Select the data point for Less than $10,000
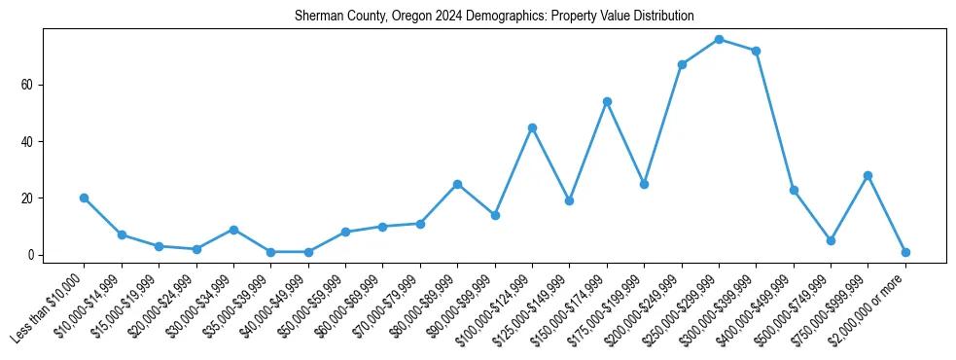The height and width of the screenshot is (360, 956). tap(84, 198)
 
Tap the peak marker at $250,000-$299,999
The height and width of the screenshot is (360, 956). tap(719, 39)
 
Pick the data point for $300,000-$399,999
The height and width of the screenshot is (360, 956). tap(756, 51)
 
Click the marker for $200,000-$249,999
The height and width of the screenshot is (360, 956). tap(682, 64)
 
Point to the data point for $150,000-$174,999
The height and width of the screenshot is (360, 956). tap(607, 101)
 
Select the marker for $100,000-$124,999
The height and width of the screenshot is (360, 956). tap(532, 127)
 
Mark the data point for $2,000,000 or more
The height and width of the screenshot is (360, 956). tap(905, 252)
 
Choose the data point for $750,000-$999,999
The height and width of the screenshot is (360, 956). tap(867, 175)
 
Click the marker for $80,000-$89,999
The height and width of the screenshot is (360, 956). tap(457, 184)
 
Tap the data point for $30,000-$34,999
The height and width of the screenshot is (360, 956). tap(233, 230)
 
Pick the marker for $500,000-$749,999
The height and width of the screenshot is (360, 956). tap(831, 240)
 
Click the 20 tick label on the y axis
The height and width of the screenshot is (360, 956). tap(28, 198)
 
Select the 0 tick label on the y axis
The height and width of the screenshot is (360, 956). tap(31, 255)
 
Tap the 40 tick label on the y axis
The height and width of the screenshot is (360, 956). tap(28, 141)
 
